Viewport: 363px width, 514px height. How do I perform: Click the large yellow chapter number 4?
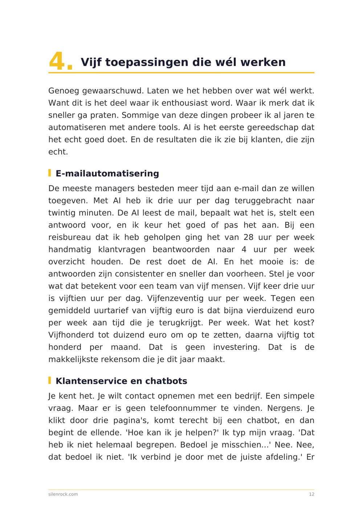click(57, 61)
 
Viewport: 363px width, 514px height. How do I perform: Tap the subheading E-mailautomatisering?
click(107, 173)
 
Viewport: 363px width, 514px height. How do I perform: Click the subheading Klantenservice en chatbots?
click(121, 381)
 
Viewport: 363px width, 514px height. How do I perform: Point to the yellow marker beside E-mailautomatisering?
click(50, 173)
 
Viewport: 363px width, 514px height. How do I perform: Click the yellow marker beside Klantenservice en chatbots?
click(50, 381)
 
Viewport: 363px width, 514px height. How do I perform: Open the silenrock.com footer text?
click(63, 494)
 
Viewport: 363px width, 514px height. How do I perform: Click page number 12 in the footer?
click(311, 494)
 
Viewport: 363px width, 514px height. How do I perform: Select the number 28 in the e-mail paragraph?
click(249, 237)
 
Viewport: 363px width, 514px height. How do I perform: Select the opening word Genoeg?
click(64, 91)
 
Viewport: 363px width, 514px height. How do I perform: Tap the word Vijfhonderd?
click(71, 335)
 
